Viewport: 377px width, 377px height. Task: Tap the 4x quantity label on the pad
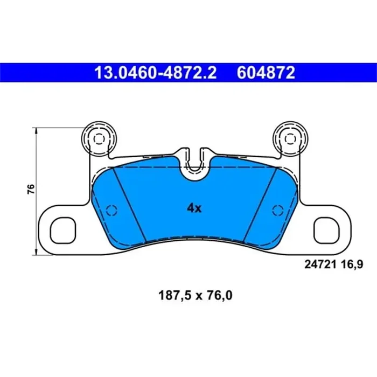tap(194, 208)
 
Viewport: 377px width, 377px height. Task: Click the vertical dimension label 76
tap(31, 189)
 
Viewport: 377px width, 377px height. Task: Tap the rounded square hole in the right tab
tap(327, 229)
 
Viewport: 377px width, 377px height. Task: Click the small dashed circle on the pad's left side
tap(111, 210)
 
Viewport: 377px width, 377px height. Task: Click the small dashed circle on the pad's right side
tap(277, 210)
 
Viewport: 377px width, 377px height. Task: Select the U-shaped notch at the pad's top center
tap(194, 170)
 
